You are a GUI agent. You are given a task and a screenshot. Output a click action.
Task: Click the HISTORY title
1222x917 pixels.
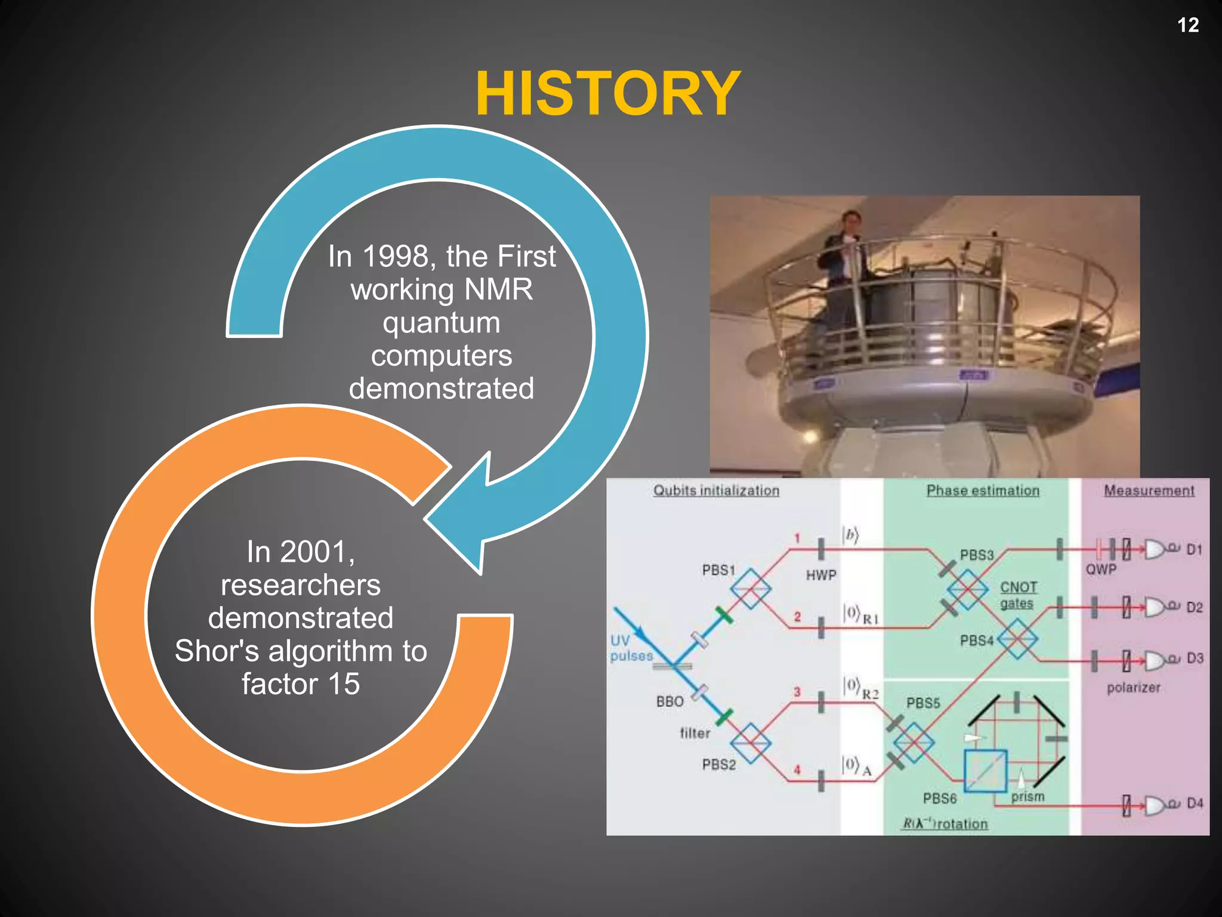[607, 94]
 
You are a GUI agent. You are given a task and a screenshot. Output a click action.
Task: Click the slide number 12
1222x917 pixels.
[1187, 25]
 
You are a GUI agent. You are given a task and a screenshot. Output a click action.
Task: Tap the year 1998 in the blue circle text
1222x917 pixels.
[395, 257]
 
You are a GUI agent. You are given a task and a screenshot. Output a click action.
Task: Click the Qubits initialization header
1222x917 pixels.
[715, 491]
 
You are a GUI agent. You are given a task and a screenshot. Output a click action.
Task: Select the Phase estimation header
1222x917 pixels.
[982, 491]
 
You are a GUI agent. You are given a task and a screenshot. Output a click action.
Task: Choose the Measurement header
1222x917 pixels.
[1149, 491]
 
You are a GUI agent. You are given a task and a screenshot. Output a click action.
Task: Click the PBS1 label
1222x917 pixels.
[718, 570]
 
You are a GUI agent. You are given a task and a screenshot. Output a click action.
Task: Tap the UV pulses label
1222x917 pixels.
[630, 648]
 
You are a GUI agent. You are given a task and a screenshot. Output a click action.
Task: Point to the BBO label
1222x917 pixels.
[669, 701]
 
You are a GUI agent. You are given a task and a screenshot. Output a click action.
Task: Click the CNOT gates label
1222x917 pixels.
[1018, 595]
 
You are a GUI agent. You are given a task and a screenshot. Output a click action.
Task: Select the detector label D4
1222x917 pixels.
[1195, 804]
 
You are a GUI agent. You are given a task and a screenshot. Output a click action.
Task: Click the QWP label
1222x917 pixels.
[1100, 570]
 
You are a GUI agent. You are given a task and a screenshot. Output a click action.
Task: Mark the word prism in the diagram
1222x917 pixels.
[1027, 797]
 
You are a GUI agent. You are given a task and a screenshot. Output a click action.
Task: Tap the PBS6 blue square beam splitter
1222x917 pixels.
[985, 771]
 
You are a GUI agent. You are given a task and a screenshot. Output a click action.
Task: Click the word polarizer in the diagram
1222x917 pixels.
[1133, 688]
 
